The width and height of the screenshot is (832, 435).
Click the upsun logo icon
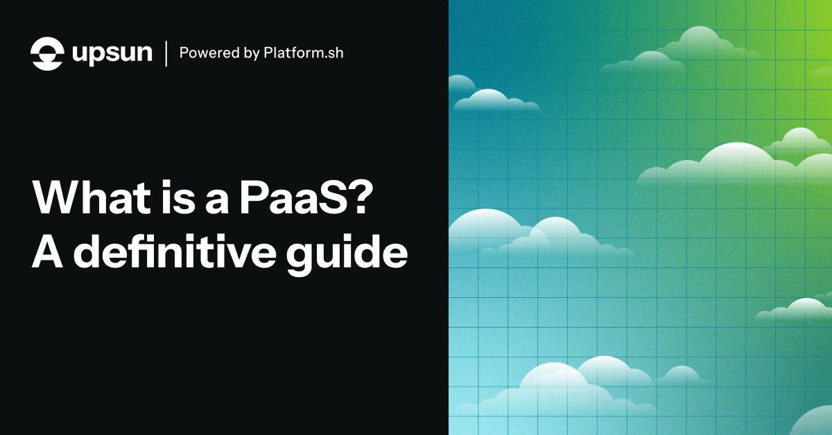tap(47, 53)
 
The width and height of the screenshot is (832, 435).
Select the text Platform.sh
tap(303, 53)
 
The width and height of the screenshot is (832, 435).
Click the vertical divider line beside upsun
tap(166, 53)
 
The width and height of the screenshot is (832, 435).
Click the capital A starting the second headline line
tap(49, 254)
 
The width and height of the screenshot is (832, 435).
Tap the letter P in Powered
tap(184, 53)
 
